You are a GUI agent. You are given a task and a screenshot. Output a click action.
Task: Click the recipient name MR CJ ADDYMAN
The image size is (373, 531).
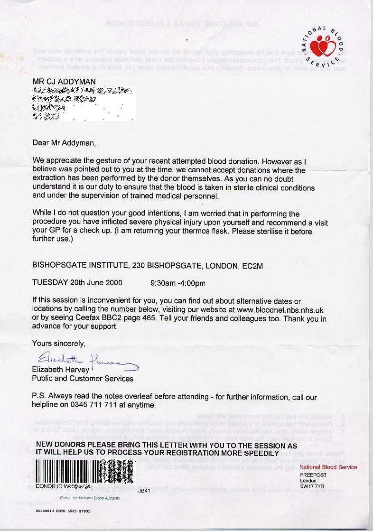click(x=64, y=82)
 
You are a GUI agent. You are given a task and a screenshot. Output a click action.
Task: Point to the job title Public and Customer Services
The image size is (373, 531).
click(x=83, y=378)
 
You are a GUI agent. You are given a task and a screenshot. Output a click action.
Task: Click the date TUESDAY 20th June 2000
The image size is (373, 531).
click(x=77, y=282)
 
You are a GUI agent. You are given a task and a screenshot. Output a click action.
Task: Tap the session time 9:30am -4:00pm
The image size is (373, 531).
click(x=177, y=283)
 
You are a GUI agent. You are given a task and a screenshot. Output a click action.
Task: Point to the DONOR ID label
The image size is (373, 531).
click(x=49, y=486)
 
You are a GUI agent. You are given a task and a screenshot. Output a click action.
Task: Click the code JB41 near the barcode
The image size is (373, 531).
click(x=144, y=491)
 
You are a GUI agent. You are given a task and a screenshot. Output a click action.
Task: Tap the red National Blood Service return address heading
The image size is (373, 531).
click(x=328, y=467)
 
